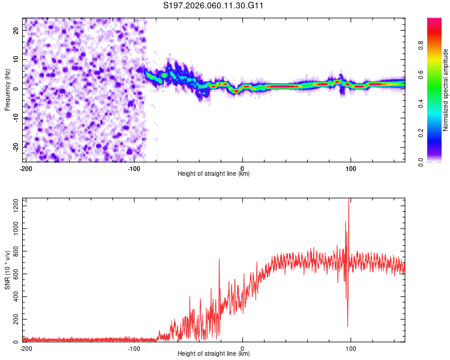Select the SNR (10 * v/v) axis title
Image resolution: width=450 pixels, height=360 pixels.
(x=7, y=271)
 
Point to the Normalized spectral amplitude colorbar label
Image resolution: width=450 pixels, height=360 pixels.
(x=446, y=90)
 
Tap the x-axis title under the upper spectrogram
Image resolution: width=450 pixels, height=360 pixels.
(x=214, y=173)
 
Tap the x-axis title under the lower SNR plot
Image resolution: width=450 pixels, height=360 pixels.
(x=214, y=354)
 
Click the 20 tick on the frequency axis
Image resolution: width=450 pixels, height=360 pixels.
(x=17, y=29)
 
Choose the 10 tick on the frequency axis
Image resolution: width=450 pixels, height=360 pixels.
(x=17, y=59)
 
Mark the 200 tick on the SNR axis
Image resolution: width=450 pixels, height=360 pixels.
(x=15, y=320)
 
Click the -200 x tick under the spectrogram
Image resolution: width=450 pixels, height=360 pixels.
(x=25, y=169)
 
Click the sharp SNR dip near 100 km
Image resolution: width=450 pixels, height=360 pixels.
(x=348, y=325)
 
